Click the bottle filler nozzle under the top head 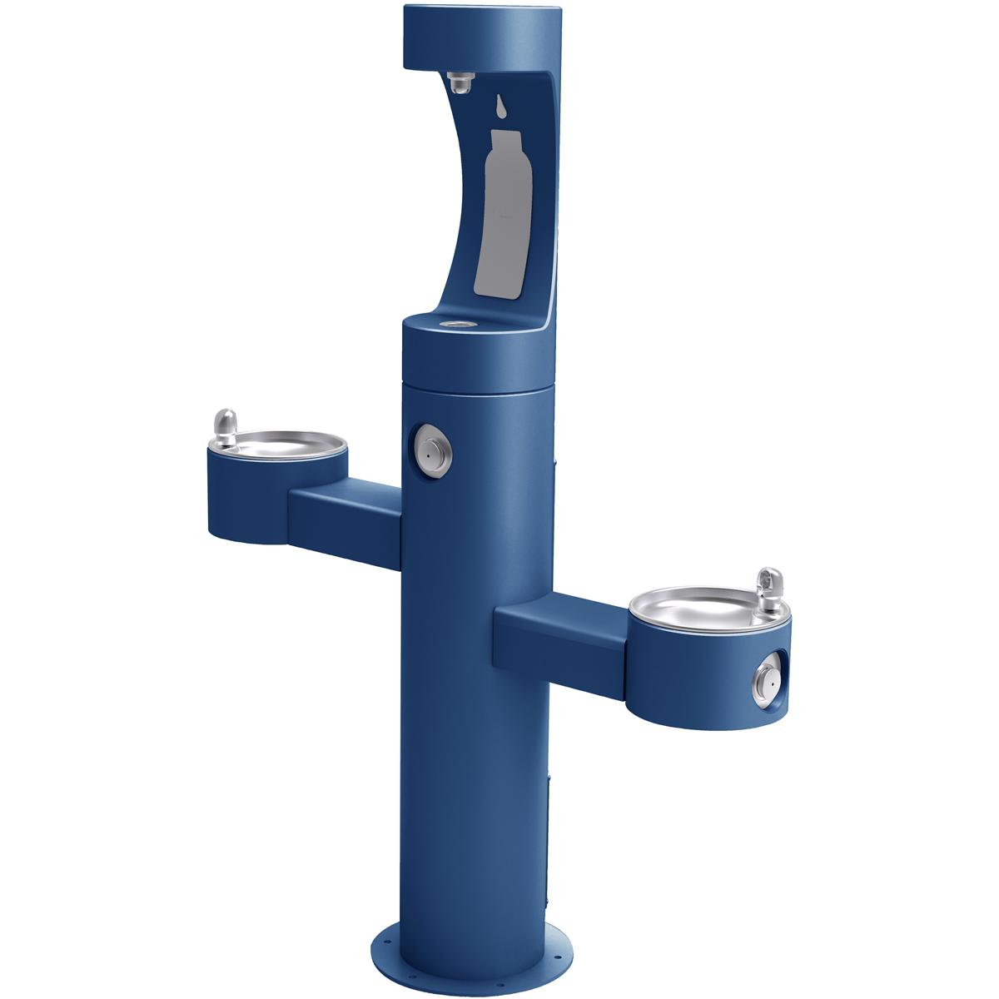pyautogui.click(x=457, y=82)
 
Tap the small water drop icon pyautogui.click(x=499, y=106)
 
